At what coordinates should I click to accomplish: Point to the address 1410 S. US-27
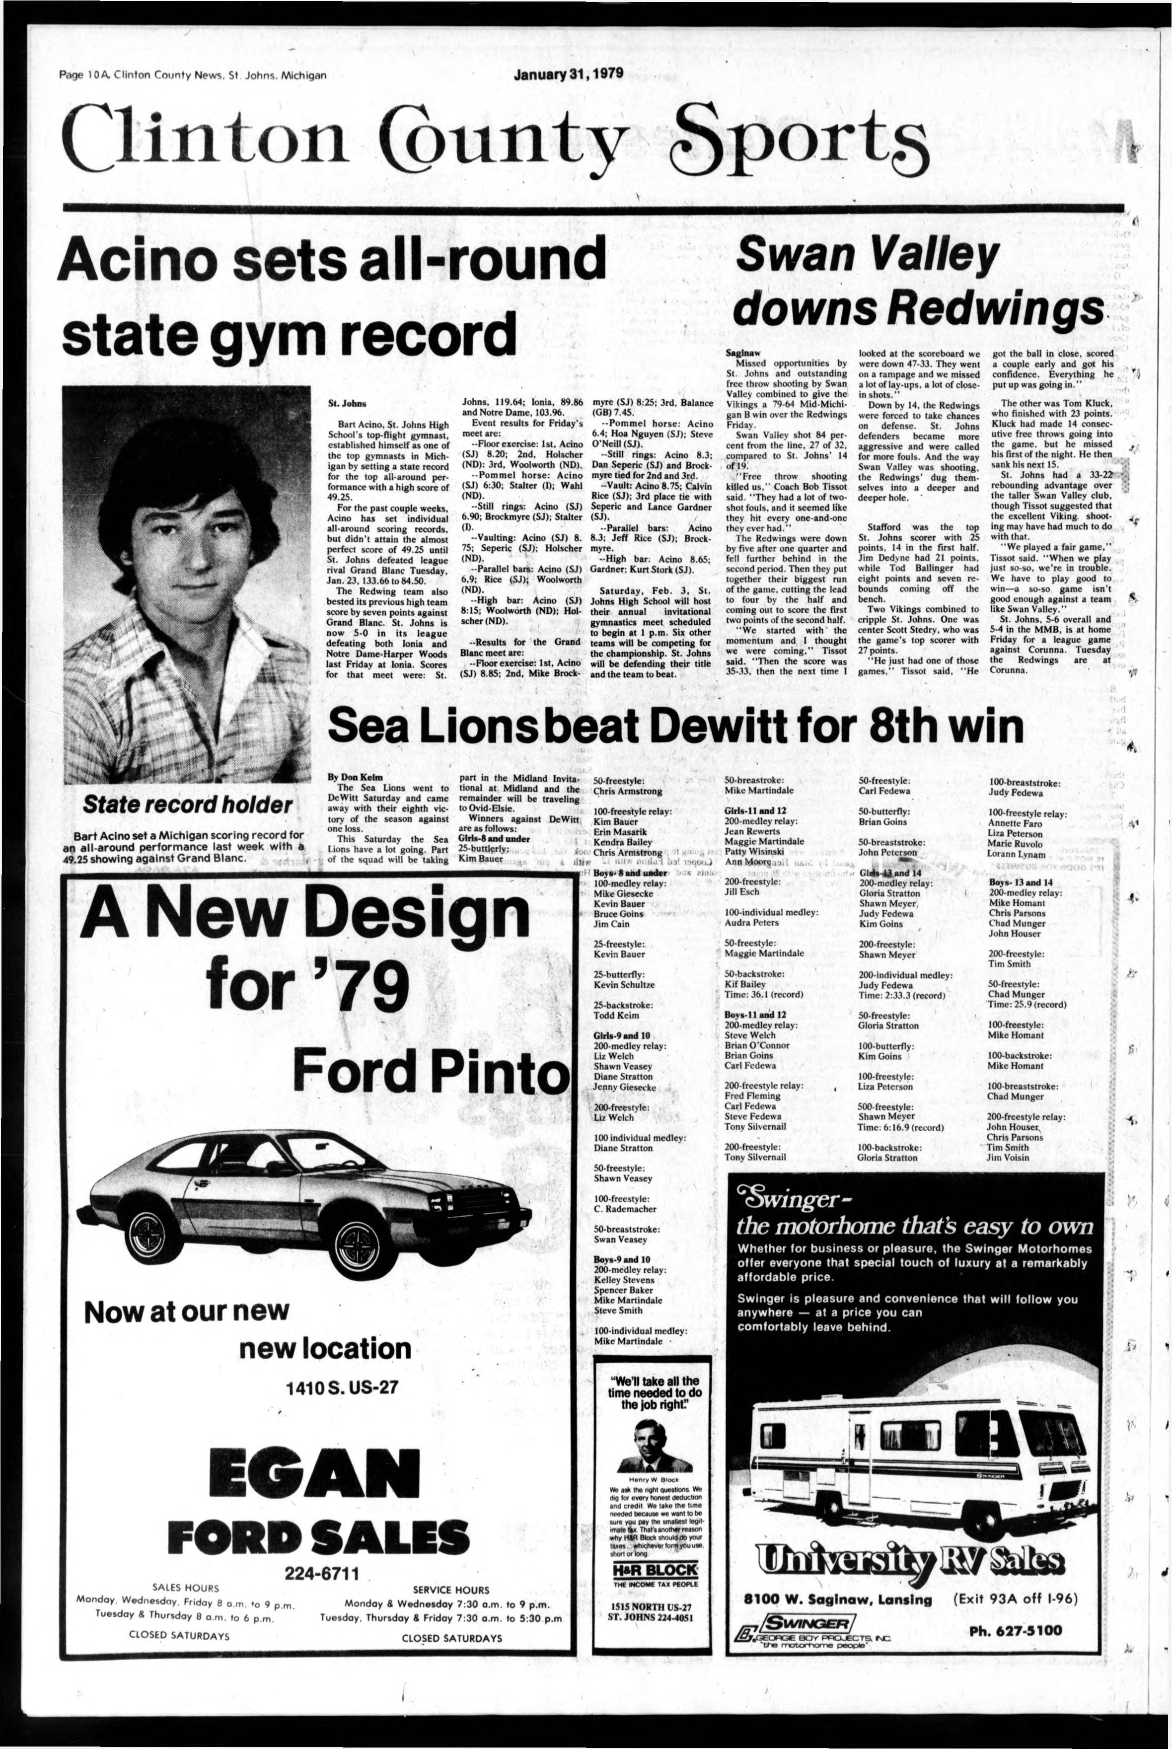[343, 1387]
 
